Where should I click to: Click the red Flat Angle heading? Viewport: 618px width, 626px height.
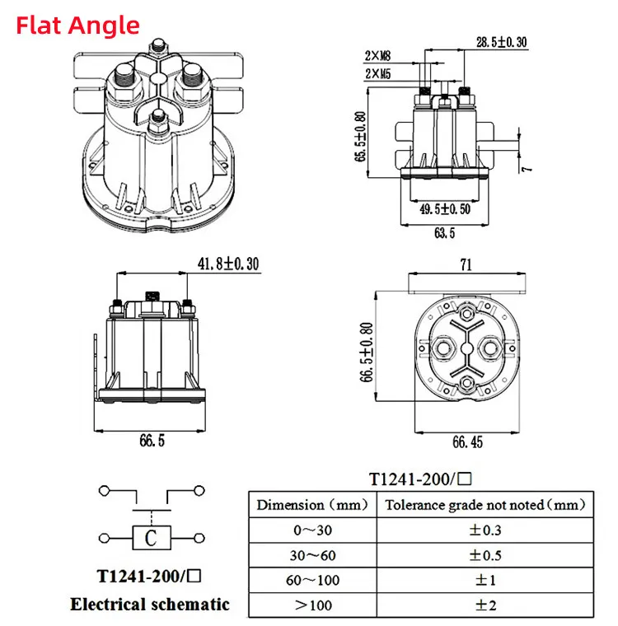click(78, 26)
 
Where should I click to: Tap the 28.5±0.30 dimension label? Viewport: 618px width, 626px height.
click(501, 42)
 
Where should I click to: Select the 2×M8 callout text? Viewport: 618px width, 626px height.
click(377, 56)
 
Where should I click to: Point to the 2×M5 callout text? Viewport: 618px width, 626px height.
click(377, 73)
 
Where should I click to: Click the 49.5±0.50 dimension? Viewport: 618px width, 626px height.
click(445, 208)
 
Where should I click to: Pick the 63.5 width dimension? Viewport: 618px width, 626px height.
click(445, 233)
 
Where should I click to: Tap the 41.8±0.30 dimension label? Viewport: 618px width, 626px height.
click(228, 264)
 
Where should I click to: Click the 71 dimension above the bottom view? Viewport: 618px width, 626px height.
click(466, 264)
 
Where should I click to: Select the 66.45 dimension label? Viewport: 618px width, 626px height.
click(467, 442)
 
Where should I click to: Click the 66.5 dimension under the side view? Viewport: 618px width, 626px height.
click(152, 441)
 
